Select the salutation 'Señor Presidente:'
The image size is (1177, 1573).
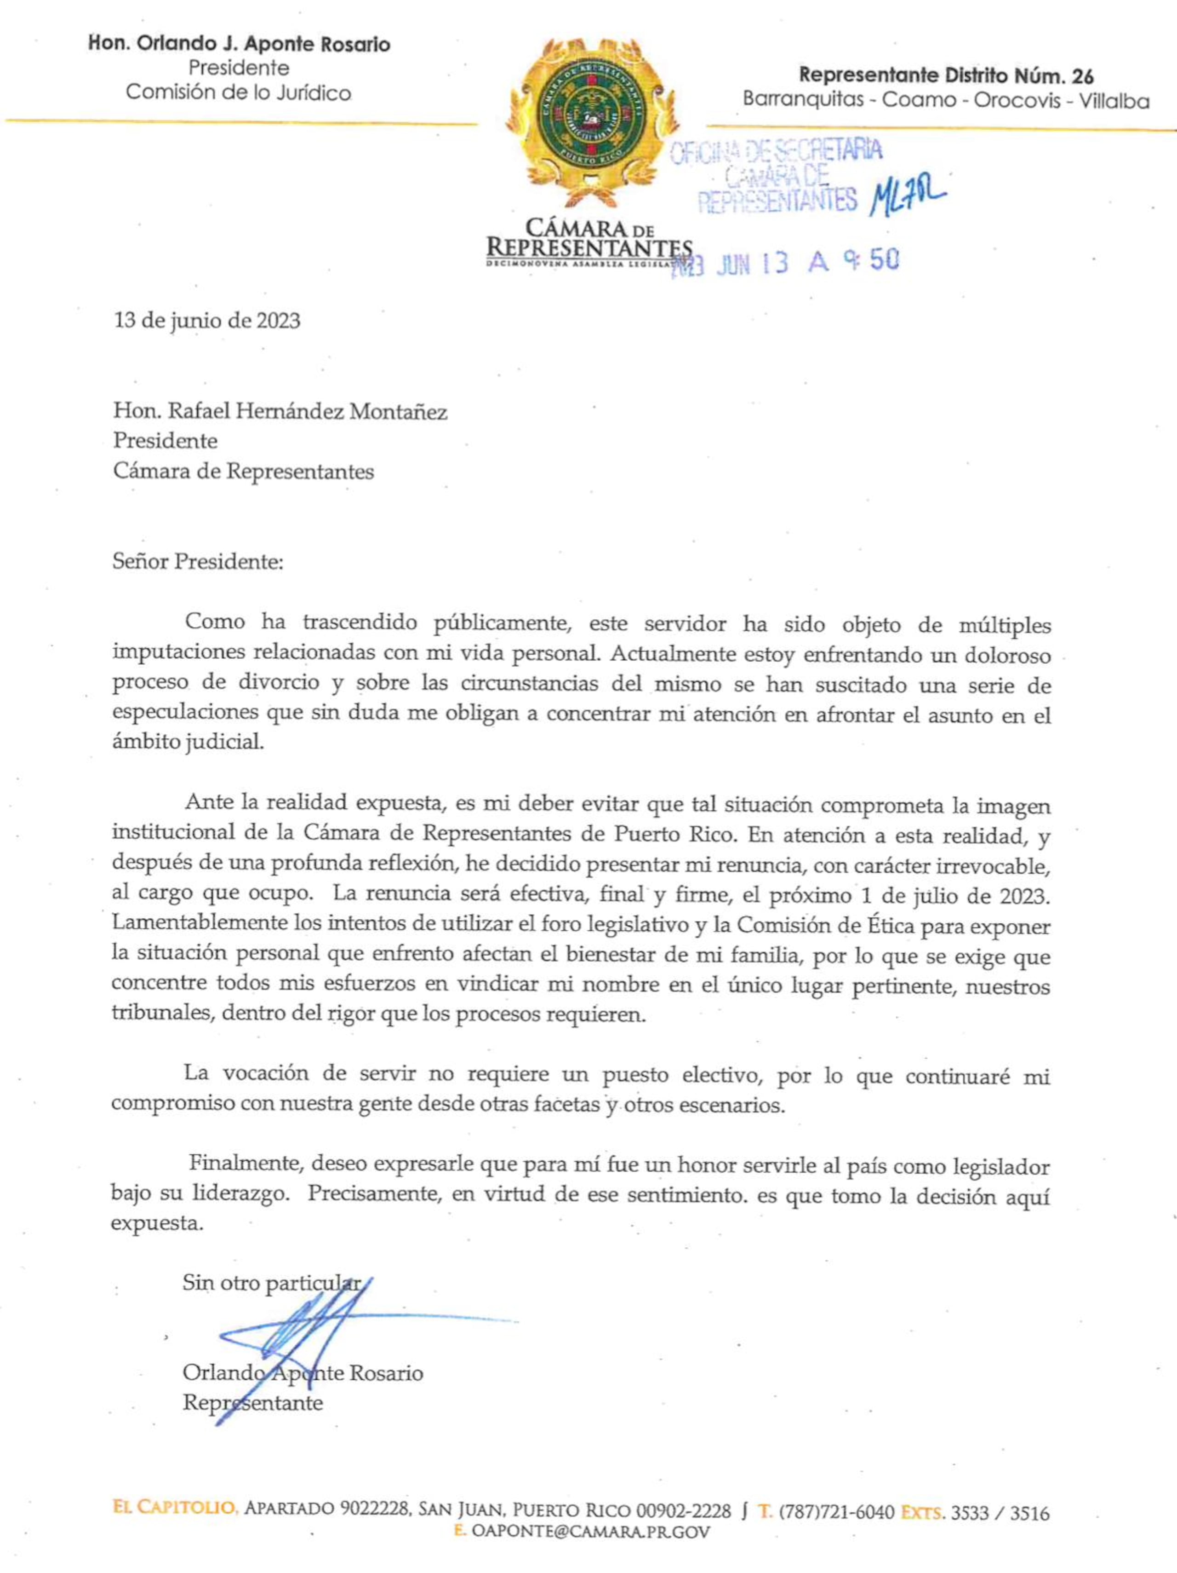pyautogui.click(x=198, y=563)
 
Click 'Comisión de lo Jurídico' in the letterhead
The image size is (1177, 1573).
pyautogui.click(x=238, y=92)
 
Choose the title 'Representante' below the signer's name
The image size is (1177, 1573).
pyautogui.click(x=252, y=1403)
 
